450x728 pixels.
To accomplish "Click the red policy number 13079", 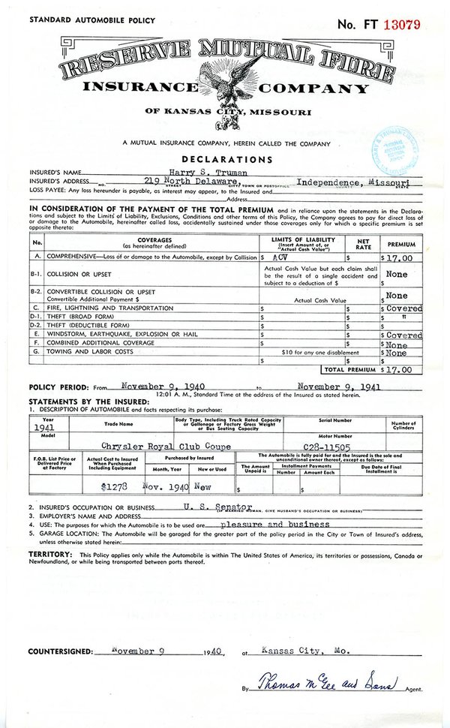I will click(402, 24).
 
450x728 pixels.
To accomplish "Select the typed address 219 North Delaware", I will click(187, 182).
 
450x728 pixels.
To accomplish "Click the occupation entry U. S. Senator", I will click(214, 506).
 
